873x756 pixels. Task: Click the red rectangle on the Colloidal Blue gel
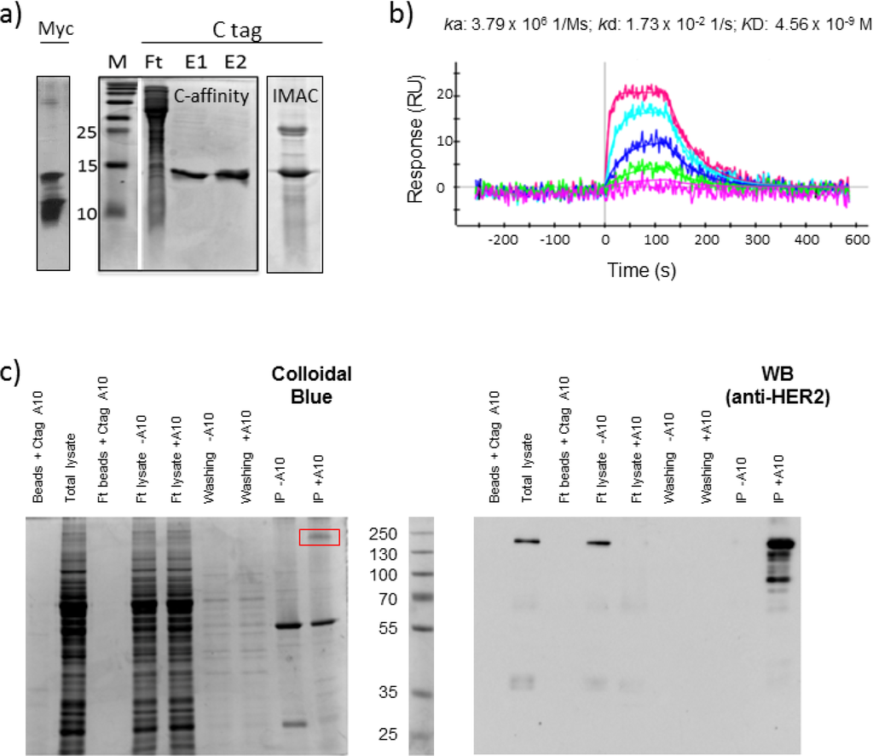pyautogui.click(x=319, y=537)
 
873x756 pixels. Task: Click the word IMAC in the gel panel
pyautogui.click(x=293, y=95)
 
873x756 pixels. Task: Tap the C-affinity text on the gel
pyautogui.click(x=211, y=96)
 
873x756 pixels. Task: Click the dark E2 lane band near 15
pyautogui.click(x=234, y=176)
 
